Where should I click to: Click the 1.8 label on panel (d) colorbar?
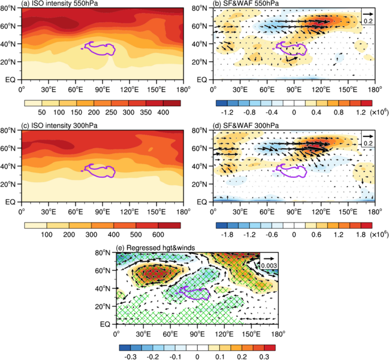(359, 235)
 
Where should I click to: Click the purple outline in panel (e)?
(195, 294)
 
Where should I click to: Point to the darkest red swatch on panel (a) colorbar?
(172, 103)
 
